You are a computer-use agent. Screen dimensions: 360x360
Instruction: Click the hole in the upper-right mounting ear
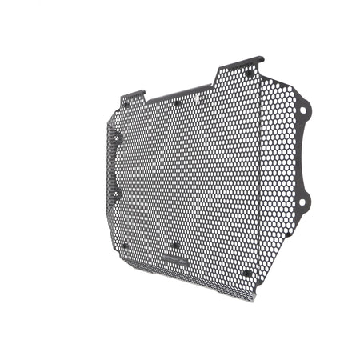tap(304, 109)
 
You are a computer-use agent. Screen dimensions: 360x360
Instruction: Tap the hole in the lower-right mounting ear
tap(302, 202)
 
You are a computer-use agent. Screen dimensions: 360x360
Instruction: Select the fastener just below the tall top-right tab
tap(250, 74)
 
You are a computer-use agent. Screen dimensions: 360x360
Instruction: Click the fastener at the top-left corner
tap(126, 104)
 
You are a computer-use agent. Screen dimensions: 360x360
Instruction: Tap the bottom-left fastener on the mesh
tap(124, 246)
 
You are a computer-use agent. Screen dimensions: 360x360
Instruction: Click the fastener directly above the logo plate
tap(174, 245)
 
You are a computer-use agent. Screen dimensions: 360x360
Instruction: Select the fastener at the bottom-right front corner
tap(247, 273)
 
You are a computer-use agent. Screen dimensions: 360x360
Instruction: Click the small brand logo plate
tap(174, 259)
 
